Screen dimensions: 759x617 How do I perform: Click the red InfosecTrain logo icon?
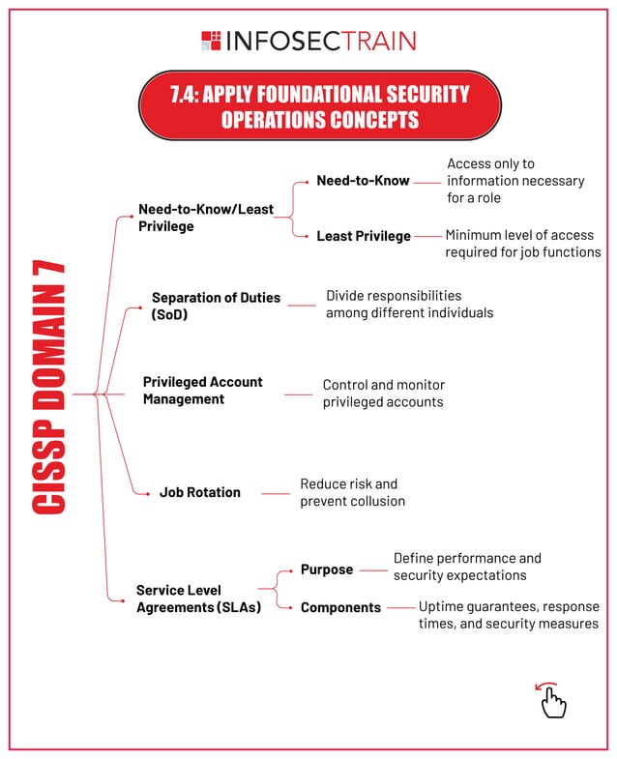(x=211, y=41)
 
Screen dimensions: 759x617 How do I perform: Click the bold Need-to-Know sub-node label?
(x=363, y=181)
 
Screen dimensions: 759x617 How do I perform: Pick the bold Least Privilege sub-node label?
(x=363, y=236)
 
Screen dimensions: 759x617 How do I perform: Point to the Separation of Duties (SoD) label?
(x=216, y=306)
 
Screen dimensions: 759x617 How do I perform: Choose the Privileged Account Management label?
(x=202, y=391)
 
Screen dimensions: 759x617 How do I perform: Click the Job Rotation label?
(x=199, y=492)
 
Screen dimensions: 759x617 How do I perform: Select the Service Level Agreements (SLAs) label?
(x=198, y=598)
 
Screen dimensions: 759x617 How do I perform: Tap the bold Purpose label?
(x=326, y=569)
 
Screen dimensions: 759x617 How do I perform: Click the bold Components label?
(x=340, y=607)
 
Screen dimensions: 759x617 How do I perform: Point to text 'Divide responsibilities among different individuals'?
(x=409, y=305)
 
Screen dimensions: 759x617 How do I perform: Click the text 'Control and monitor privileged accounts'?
(x=383, y=393)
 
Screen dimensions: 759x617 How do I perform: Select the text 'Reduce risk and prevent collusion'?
(x=352, y=492)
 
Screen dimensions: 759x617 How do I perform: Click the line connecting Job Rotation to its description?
(x=276, y=493)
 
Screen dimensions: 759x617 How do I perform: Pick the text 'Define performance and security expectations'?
(x=467, y=567)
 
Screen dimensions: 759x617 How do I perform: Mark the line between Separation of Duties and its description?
(x=302, y=306)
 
